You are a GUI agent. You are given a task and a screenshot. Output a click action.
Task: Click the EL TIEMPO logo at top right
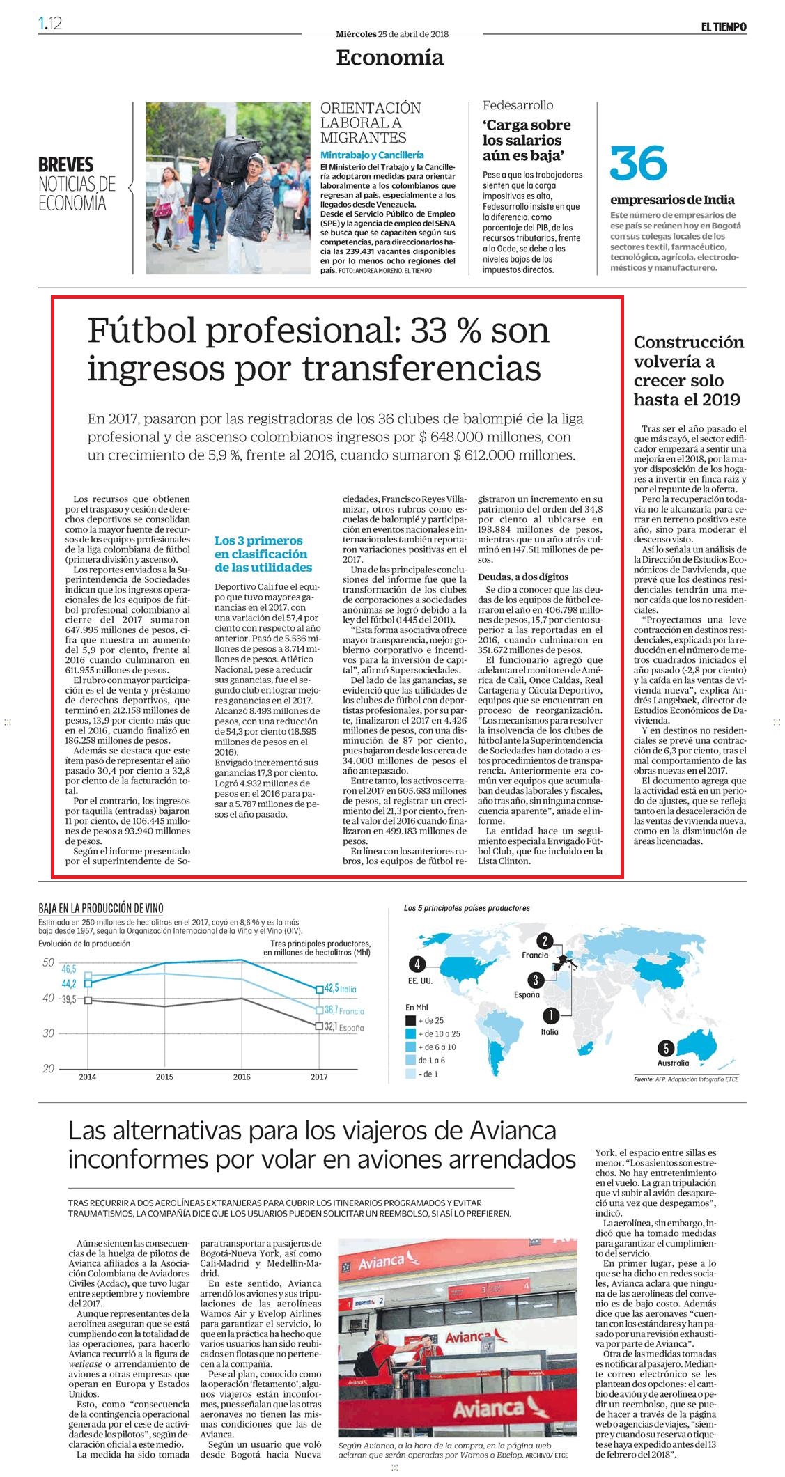coord(724,26)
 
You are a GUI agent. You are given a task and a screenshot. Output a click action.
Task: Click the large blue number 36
coord(639,162)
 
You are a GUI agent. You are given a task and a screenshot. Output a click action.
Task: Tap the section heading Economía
coord(389,57)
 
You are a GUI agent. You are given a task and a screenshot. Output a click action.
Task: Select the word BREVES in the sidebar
coord(66,165)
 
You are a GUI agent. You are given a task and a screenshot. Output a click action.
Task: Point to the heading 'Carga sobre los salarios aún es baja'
coord(527,140)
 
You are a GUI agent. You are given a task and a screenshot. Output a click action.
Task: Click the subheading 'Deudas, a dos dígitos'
coord(522,577)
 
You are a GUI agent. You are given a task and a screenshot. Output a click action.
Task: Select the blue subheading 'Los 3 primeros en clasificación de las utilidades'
coord(263,554)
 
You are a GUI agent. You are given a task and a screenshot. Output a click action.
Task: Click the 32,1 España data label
coord(339,1026)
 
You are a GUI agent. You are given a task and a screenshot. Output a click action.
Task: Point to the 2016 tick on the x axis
coord(242,1077)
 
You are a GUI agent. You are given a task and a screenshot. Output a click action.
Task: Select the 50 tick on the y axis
coord(48,963)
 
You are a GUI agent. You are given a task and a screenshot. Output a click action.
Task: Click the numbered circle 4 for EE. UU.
coord(417,964)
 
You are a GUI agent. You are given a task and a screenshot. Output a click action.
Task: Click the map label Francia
coord(535,955)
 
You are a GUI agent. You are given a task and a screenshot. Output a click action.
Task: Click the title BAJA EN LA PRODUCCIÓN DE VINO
coord(101,908)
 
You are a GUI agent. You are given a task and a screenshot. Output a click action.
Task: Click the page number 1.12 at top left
coord(51,24)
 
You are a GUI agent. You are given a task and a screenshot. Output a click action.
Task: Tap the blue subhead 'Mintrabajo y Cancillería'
coord(372,155)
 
